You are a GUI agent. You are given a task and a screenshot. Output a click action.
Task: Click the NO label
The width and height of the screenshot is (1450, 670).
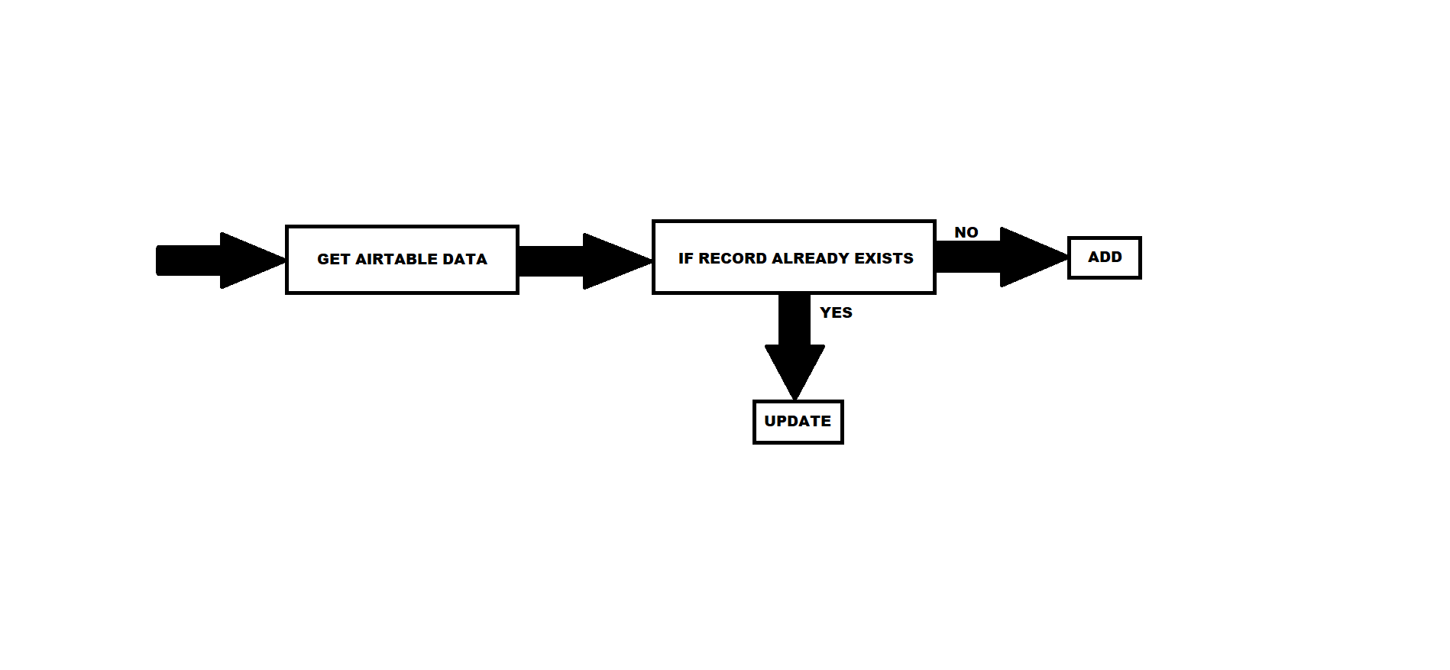coord(966,232)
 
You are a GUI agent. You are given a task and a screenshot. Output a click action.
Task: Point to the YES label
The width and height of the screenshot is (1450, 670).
coord(836,312)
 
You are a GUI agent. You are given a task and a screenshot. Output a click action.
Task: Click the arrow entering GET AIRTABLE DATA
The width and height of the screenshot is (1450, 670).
coord(221,261)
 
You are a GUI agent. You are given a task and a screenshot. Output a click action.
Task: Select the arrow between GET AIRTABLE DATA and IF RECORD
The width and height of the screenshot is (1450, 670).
coord(585,261)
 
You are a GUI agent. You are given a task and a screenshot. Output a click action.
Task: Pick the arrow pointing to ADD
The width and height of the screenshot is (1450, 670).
coord(1002,257)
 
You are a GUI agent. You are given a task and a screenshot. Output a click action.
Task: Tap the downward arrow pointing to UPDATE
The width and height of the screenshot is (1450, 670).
coord(795,346)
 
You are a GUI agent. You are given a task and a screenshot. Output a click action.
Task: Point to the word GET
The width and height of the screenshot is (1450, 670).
coord(333,260)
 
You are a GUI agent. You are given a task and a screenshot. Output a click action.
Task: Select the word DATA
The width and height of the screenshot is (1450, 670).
coord(464,260)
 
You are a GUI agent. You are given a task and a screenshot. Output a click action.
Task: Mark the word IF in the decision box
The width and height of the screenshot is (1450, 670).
coord(685,258)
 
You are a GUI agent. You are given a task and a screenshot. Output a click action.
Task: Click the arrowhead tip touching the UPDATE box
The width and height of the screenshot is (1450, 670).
coord(795,400)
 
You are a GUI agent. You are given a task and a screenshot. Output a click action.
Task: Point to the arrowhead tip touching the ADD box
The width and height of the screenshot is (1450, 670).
coord(1068,257)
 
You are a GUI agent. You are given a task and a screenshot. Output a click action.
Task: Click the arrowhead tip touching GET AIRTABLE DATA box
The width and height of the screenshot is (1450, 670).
coord(286,261)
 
